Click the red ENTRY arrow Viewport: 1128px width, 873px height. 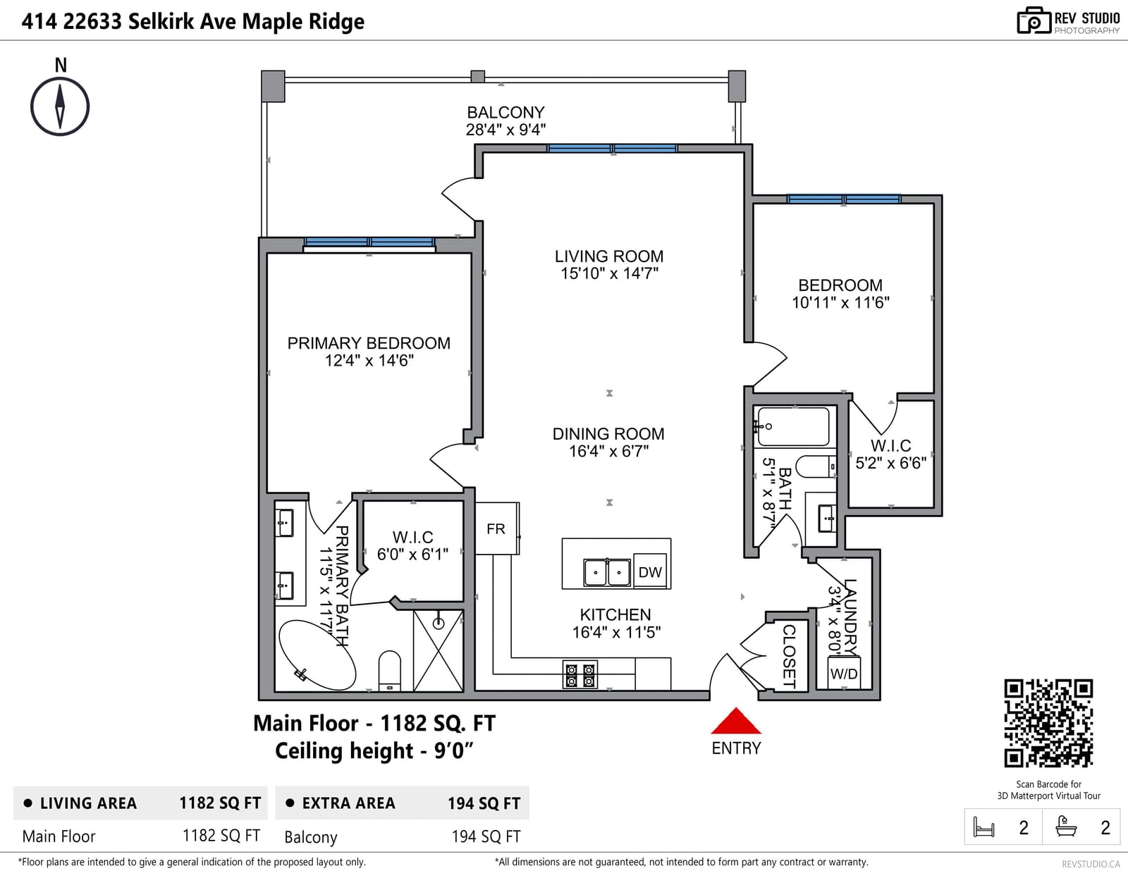(735, 721)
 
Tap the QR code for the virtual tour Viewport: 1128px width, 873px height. (1048, 723)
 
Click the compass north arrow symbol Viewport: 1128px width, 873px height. (60, 107)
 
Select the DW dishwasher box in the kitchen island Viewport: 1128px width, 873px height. (650, 571)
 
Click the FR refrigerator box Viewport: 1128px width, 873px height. (497, 528)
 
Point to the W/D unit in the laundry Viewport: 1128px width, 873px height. (844, 674)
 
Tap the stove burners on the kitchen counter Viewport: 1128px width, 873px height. (580, 674)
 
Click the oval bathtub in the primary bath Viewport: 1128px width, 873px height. (317, 655)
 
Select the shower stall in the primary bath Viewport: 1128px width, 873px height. (438, 651)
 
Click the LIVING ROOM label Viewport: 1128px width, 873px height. (609, 256)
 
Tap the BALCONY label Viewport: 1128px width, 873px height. (505, 113)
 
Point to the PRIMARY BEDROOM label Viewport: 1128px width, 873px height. (369, 343)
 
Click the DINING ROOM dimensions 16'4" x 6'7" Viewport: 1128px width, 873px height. (609, 451)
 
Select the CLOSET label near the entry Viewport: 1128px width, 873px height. (788, 656)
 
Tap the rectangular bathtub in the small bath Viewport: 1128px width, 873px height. (793, 426)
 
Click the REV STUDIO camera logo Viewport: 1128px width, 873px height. (1034, 20)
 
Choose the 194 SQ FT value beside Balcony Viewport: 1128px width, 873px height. (486, 836)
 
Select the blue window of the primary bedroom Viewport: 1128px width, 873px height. (369, 242)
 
